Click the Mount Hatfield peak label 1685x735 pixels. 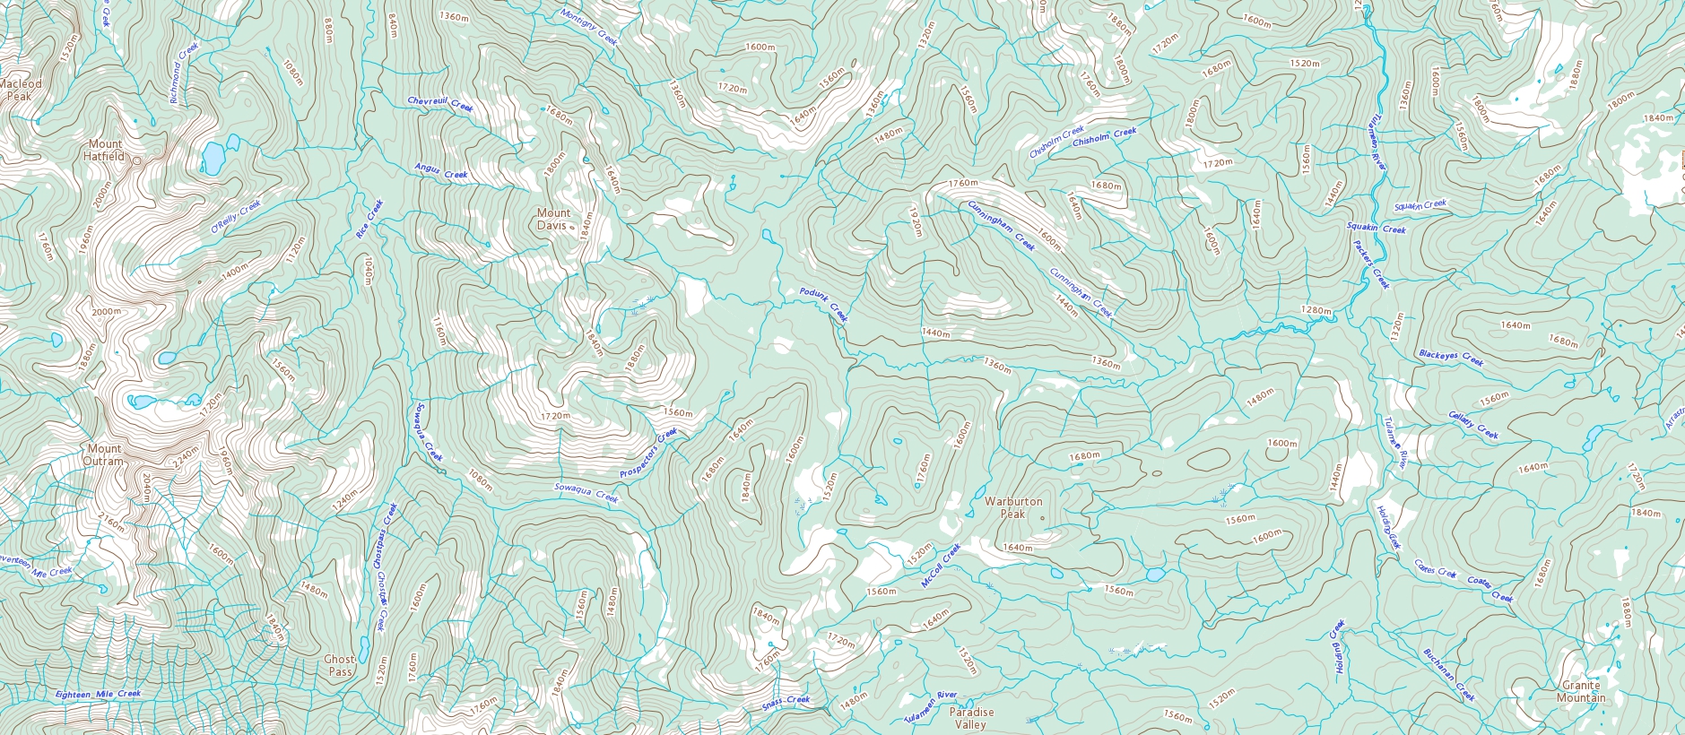click(105, 150)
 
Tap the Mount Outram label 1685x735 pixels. click(104, 454)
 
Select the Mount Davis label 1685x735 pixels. click(552, 220)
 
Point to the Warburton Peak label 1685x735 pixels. click(1012, 508)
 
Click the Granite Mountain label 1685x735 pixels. click(1581, 691)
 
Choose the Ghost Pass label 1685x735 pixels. click(340, 665)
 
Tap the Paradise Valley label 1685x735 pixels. click(970, 718)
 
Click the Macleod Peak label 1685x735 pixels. click(20, 90)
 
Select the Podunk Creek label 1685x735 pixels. click(823, 305)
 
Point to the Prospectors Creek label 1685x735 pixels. click(648, 454)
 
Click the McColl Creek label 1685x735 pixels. click(941, 566)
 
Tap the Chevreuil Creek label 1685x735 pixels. click(439, 104)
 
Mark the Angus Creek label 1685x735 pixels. click(440, 170)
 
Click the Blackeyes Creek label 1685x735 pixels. click(1451, 358)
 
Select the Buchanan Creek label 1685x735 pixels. click(1448, 675)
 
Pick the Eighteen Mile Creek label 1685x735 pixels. click(98, 694)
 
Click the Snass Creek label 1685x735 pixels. click(786, 701)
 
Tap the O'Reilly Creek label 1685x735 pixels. click(235, 217)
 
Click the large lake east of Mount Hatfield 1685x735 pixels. click(213, 157)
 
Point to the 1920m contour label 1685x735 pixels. click(915, 221)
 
